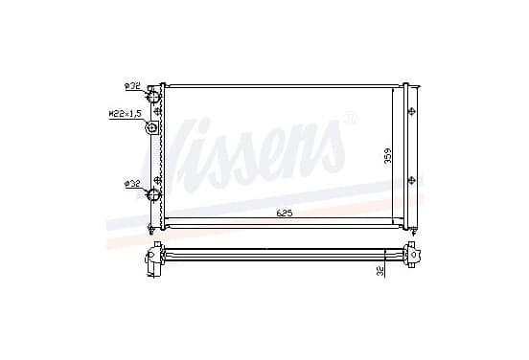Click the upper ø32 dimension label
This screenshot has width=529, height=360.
point(132,86)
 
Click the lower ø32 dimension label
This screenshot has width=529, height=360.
point(132,184)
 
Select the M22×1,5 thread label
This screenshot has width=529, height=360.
point(125,114)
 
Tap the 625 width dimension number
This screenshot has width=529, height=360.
point(284,214)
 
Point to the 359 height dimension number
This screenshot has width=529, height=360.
point(388,156)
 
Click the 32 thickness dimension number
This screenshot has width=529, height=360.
point(379,271)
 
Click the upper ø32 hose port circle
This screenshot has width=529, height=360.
point(153,97)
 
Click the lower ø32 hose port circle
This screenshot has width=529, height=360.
point(153,194)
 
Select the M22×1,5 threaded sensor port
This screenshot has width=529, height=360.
point(151,128)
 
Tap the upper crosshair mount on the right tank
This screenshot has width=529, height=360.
point(411,111)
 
